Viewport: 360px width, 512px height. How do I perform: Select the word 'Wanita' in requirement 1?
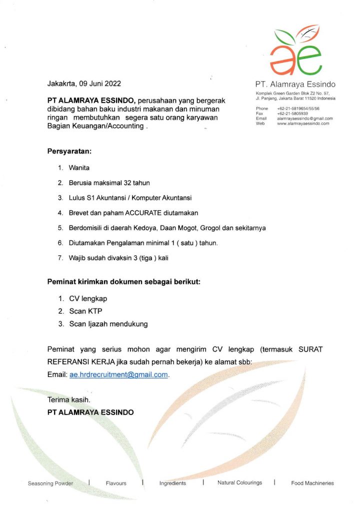point(79,168)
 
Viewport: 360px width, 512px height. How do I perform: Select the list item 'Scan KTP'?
point(85,311)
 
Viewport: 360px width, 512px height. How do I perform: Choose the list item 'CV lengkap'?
point(88,298)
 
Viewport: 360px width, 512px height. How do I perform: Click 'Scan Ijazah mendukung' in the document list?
point(108,324)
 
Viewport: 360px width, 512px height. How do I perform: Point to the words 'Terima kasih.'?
point(68,399)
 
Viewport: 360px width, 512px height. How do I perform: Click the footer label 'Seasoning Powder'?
point(50,483)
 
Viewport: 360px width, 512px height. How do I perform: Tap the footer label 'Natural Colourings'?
point(239,483)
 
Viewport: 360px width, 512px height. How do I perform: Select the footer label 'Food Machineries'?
point(312,483)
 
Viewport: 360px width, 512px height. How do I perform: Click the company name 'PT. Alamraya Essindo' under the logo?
point(295,84)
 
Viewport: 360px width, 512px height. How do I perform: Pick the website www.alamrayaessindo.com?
point(303,123)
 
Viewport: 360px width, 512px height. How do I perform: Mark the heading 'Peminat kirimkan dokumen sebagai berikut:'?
point(123,281)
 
